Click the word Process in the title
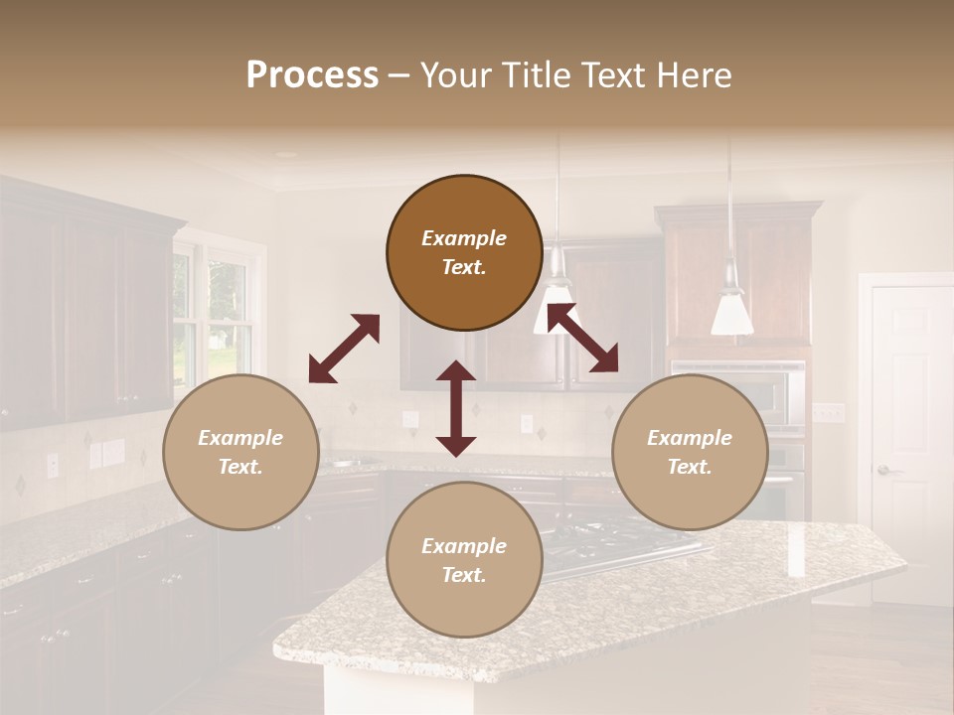coord(312,75)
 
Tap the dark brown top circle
coord(464,252)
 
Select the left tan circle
coord(240,452)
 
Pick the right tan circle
coord(690,452)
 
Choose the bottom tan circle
coord(464,560)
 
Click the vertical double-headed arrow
coord(456,408)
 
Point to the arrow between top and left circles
coord(344,349)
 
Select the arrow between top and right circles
coord(582,338)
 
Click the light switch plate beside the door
coord(828,412)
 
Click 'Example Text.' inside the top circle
coord(464,252)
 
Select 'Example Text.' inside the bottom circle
coord(464,560)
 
